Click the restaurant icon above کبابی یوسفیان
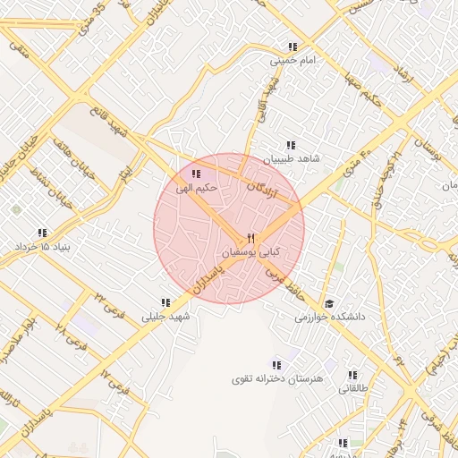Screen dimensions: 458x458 click(250, 238)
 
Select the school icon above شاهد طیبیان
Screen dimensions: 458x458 click(290, 145)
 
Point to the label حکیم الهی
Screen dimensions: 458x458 click(197, 187)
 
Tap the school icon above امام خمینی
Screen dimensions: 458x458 click(292, 47)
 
